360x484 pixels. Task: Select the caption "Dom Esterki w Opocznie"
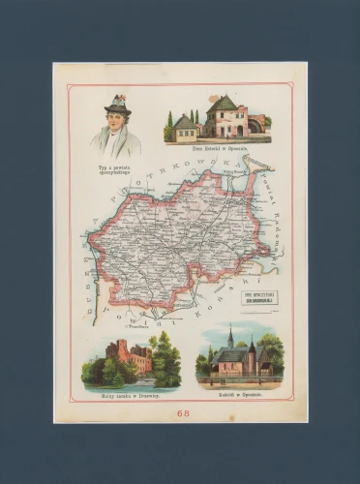(x=220, y=149)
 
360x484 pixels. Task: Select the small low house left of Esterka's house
(x=185, y=130)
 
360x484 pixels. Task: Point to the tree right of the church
(x=269, y=354)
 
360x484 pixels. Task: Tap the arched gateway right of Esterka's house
(x=255, y=125)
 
